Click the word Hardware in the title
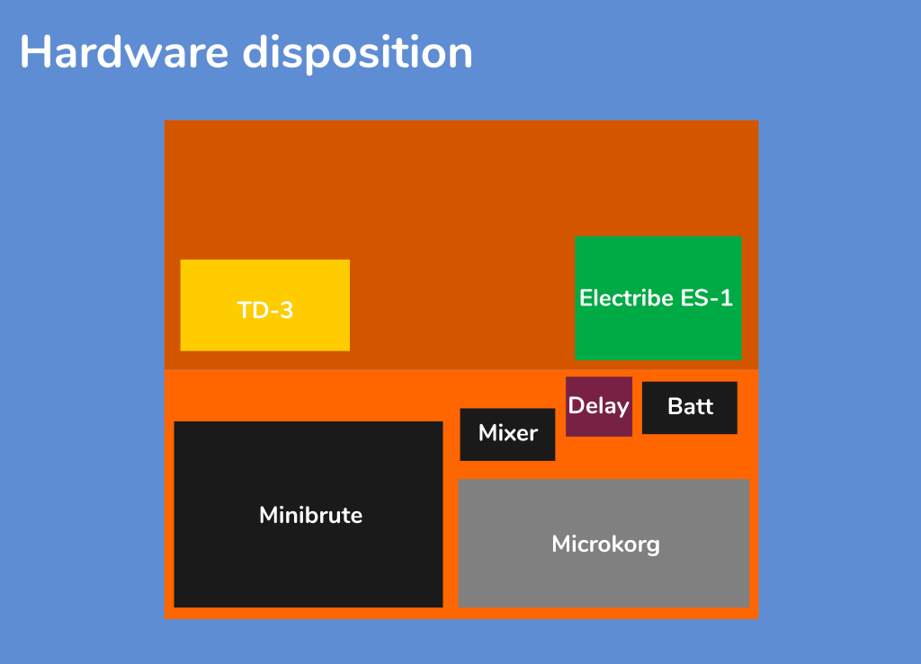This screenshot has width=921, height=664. [x=124, y=51]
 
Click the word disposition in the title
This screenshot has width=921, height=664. [x=358, y=53]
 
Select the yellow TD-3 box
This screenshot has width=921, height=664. [x=265, y=305]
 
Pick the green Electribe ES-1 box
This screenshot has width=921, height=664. [x=657, y=298]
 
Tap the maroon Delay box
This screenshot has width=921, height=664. [x=599, y=406]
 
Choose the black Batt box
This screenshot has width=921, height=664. [x=690, y=408]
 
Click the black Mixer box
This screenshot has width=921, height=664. [x=507, y=434]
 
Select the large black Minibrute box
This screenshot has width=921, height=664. [x=308, y=514]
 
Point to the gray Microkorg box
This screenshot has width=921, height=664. [x=604, y=544]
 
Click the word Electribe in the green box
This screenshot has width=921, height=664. [x=626, y=298]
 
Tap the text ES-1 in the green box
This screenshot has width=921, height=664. [x=707, y=298]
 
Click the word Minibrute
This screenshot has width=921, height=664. [x=310, y=515]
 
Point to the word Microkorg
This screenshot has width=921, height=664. [x=605, y=544]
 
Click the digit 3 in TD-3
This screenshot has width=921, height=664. [x=286, y=310]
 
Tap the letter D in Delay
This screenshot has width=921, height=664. [x=577, y=405]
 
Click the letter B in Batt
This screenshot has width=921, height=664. [x=676, y=406]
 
